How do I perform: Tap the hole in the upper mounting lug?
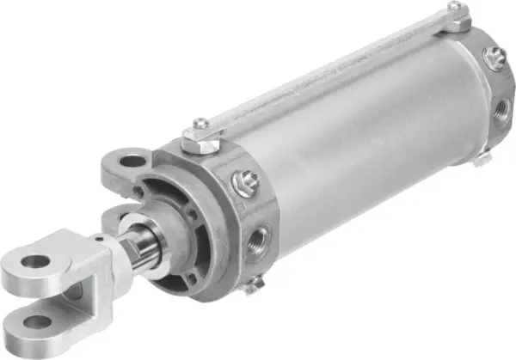[x=131, y=161]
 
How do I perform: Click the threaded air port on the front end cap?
[x=256, y=232]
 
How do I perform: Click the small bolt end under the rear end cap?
[x=483, y=159]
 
